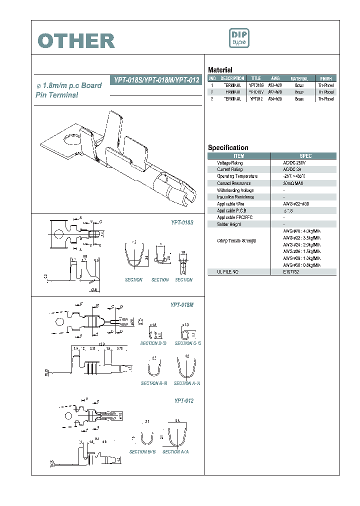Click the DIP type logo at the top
pyautogui.click(x=238, y=39)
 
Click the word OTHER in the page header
pyautogui.click(x=76, y=41)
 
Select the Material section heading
pyautogui.click(x=220, y=70)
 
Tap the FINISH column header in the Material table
pyautogui.click(x=325, y=78)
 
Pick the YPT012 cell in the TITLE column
pyautogui.click(x=255, y=99)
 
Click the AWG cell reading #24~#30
pyautogui.click(x=276, y=99)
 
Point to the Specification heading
pyautogui.click(x=228, y=147)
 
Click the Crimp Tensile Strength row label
pyautogui.click(x=236, y=241)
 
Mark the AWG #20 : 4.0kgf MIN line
pyautogui.click(x=301, y=231)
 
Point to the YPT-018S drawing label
pyautogui.click(x=182, y=221)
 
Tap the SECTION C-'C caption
pyautogui.click(x=188, y=343)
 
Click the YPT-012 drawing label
pyautogui.click(x=183, y=401)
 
